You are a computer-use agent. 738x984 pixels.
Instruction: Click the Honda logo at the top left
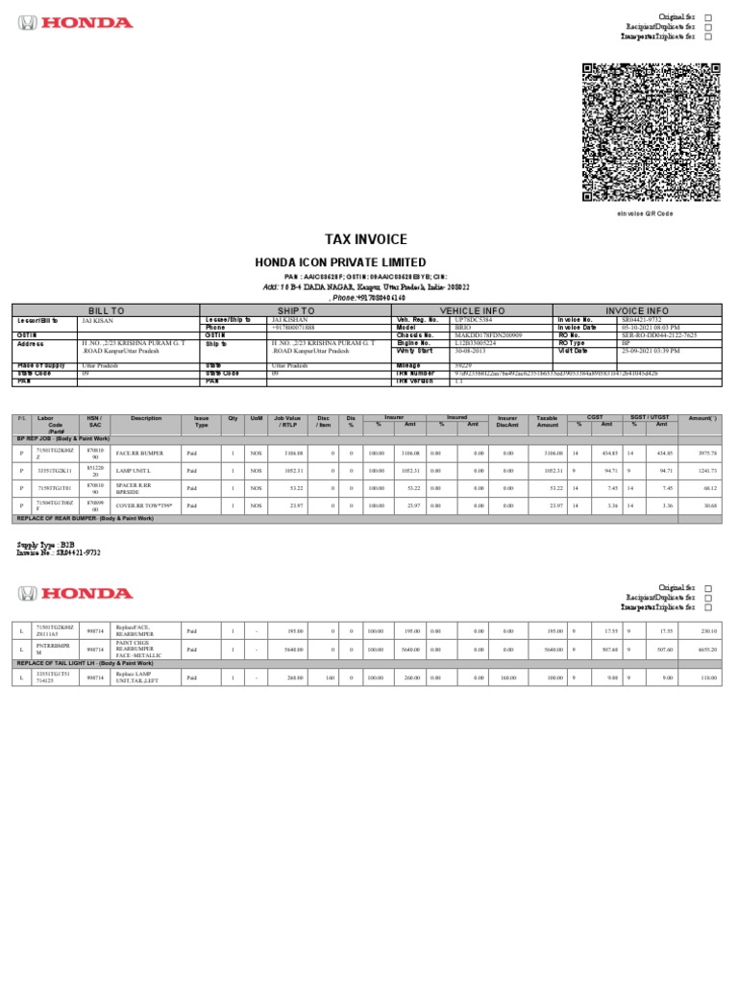pyautogui.click(x=76, y=23)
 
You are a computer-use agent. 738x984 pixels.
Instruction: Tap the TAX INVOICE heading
pyautogui.click(x=365, y=239)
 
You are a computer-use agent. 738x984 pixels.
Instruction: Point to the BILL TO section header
pyautogui.click(x=106, y=311)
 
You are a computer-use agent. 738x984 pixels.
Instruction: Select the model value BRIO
pyautogui.click(x=465, y=327)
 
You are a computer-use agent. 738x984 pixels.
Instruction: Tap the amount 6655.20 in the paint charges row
pyautogui.click(x=707, y=650)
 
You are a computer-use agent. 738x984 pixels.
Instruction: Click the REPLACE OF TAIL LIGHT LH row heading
pyautogui.click(x=85, y=663)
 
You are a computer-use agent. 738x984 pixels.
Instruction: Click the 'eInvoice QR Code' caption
pyautogui.click(x=645, y=213)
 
